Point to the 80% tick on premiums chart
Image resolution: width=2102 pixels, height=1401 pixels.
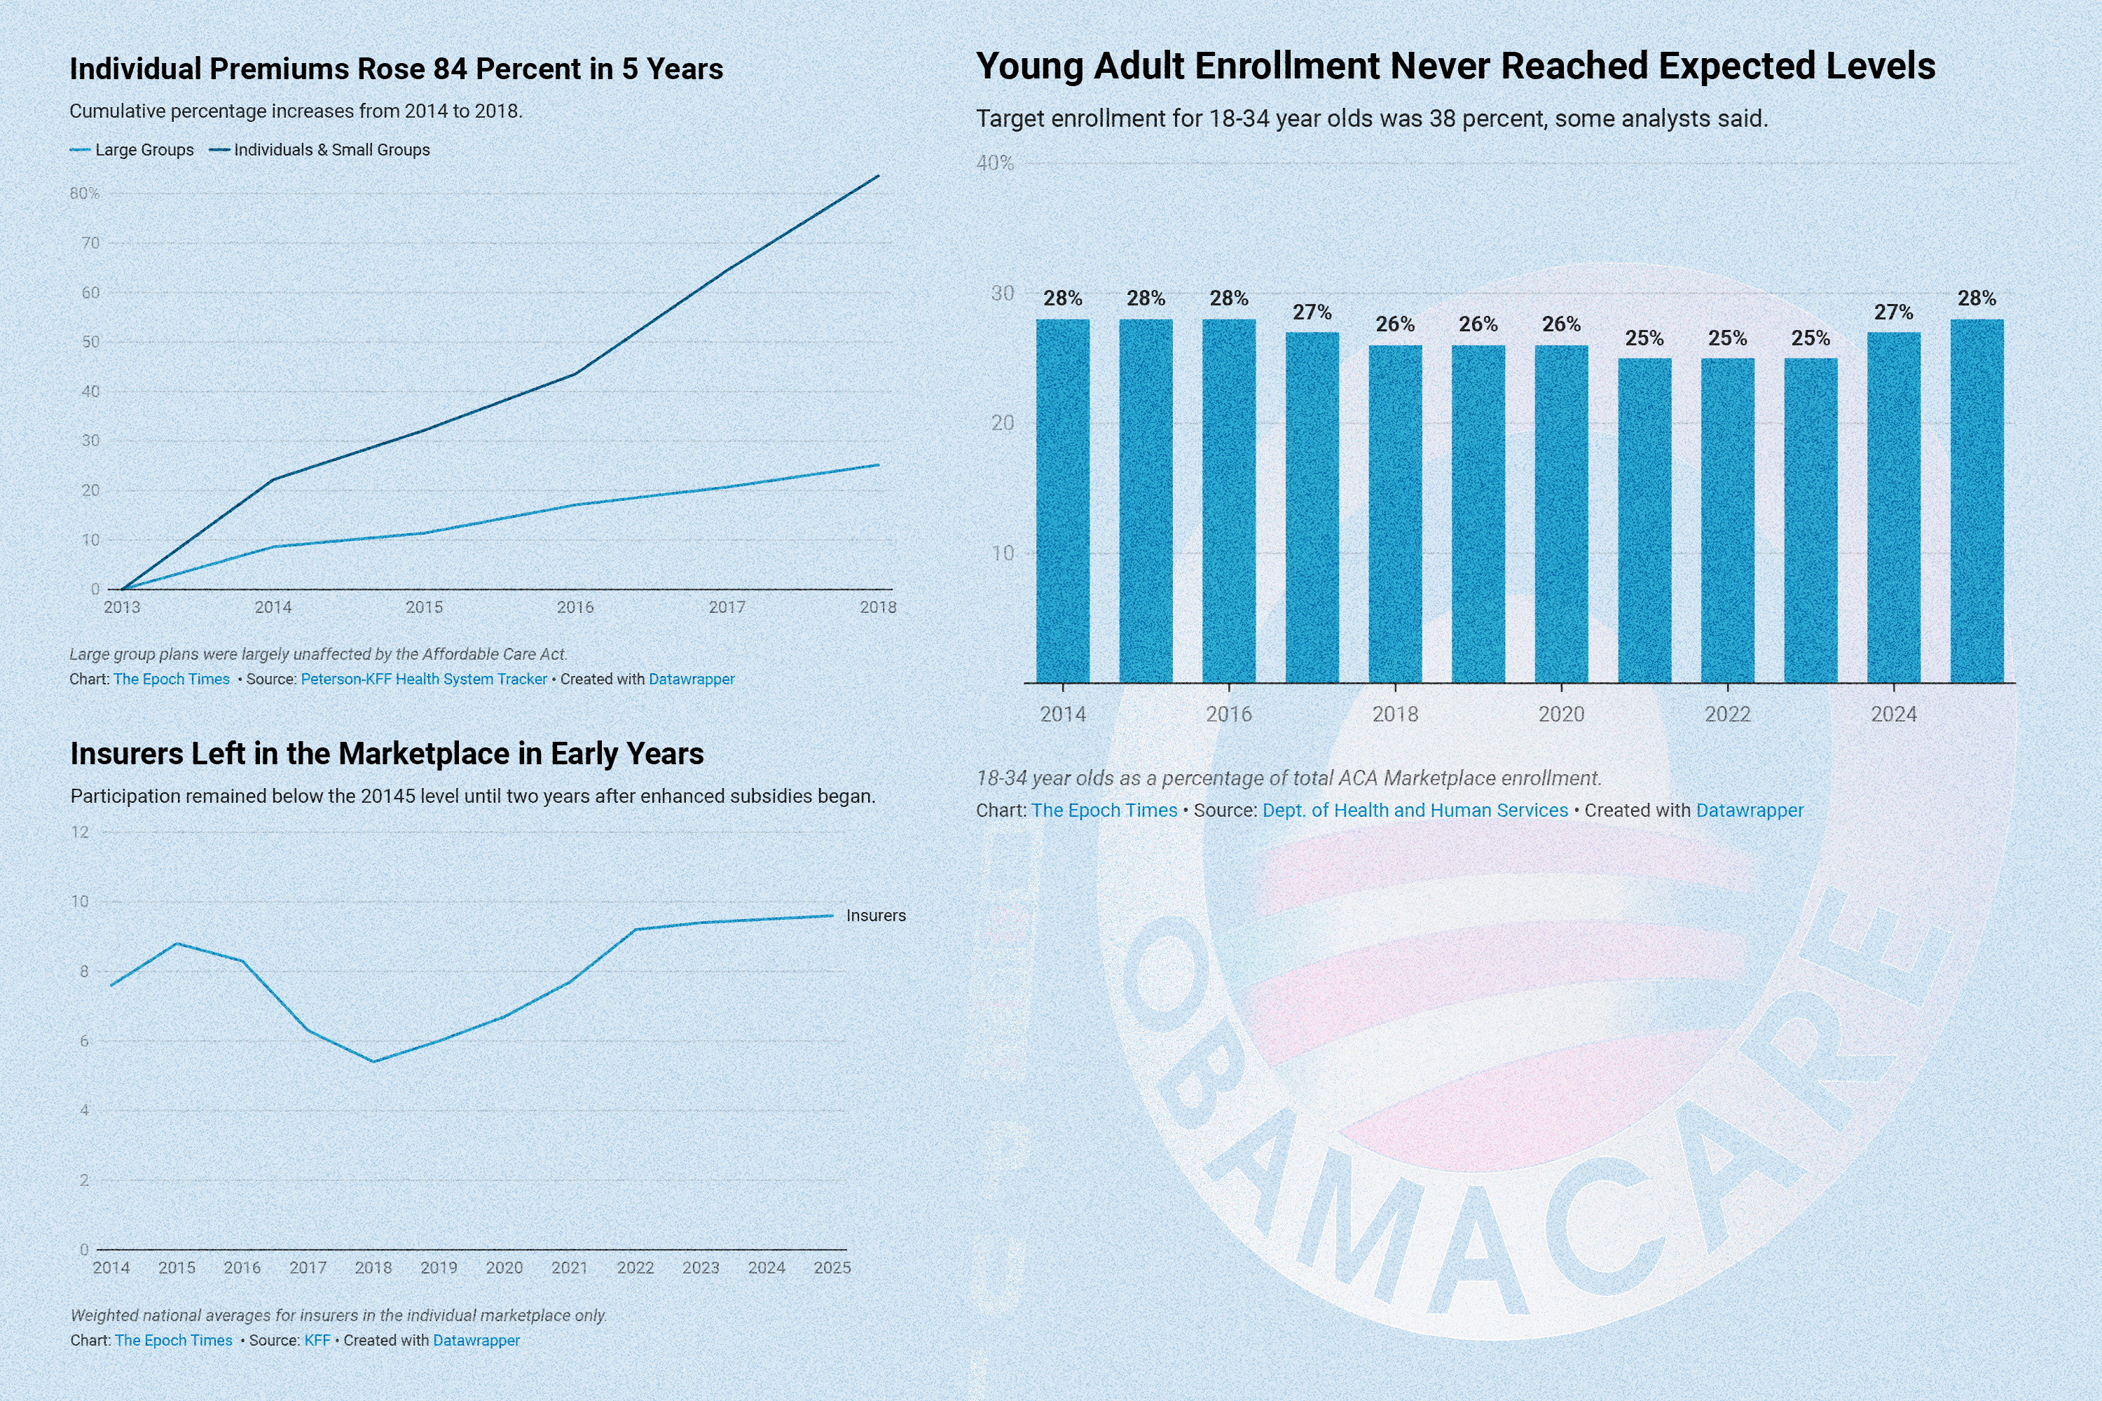[x=85, y=193]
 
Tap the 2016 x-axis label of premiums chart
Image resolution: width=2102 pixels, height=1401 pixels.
[x=575, y=607]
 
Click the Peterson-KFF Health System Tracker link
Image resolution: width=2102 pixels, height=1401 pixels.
[x=424, y=679]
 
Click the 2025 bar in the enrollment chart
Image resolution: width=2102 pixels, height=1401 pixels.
[x=1977, y=500]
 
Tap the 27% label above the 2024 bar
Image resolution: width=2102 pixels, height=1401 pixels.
[x=1893, y=312]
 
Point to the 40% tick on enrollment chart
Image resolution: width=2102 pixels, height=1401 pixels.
[x=995, y=163]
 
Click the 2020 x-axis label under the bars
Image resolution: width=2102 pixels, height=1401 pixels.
[x=1560, y=714]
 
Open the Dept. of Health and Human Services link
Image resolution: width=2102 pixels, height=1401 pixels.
[x=1415, y=810]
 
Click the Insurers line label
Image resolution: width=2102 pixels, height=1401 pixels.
[x=875, y=916]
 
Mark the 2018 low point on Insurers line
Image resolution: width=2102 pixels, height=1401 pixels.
[x=373, y=1061]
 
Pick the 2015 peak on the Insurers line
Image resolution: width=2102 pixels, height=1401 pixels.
[x=177, y=944]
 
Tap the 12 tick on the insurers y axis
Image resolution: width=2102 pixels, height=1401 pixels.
[x=81, y=832]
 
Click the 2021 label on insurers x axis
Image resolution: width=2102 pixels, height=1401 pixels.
[x=569, y=1268]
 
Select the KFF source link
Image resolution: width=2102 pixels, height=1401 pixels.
[x=317, y=1340]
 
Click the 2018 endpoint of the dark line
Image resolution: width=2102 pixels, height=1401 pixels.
[x=879, y=176]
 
